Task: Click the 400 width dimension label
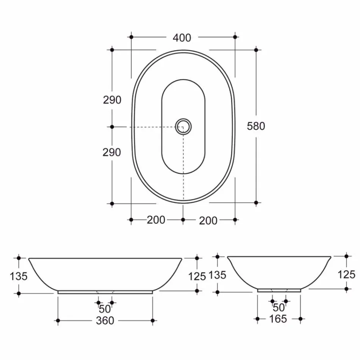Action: (x=182, y=38)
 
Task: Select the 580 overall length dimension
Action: (x=256, y=126)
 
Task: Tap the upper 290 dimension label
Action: (x=112, y=100)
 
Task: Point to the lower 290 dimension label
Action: (x=112, y=152)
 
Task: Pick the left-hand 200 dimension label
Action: (x=156, y=220)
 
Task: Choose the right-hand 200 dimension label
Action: (x=208, y=220)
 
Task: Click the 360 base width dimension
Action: (x=105, y=321)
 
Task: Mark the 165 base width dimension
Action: (x=278, y=319)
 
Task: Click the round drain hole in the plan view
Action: (x=184, y=126)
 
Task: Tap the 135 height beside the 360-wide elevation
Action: (x=19, y=276)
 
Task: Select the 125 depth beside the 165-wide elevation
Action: (x=346, y=274)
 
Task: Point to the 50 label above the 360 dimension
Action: (x=105, y=309)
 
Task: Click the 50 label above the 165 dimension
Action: (x=279, y=307)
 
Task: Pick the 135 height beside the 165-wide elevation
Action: (x=218, y=275)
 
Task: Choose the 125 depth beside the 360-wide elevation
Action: (x=197, y=276)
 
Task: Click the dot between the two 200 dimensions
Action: (x=183, y=219)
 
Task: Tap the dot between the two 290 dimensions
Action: (x=112, y=127)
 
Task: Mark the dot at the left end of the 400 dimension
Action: (x=131, y=37)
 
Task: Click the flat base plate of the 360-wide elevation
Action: (x=105, y=292)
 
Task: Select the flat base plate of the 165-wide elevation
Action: (x=279, y=291)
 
